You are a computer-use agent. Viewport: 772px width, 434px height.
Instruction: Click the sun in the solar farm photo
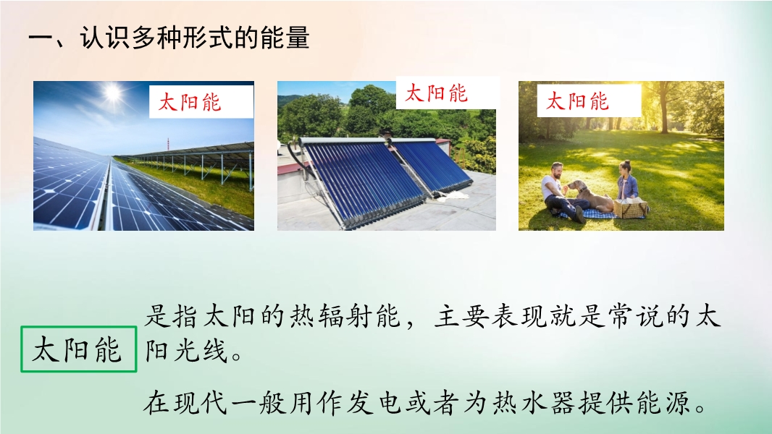113,92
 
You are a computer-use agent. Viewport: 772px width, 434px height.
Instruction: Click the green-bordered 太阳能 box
79,349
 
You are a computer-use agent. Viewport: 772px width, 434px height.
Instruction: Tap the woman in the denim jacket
628,181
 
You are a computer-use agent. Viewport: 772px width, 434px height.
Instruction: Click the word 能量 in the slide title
284,38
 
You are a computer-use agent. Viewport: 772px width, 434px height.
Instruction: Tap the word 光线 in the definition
200,350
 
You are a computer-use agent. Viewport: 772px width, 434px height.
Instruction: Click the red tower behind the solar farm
168,146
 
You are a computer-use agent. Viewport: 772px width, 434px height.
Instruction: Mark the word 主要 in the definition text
462,315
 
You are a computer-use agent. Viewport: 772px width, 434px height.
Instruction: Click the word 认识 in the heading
105,38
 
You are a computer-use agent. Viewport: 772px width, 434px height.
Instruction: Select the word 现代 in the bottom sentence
199,403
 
